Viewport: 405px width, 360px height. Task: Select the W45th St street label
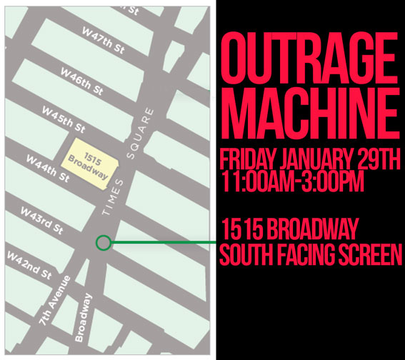point(63,120)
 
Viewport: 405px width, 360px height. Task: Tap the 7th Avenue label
point(55,301)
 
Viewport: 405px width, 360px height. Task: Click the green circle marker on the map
point(103,243)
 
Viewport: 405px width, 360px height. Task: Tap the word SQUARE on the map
point(143,132)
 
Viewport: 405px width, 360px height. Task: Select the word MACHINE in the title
point(309,111)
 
